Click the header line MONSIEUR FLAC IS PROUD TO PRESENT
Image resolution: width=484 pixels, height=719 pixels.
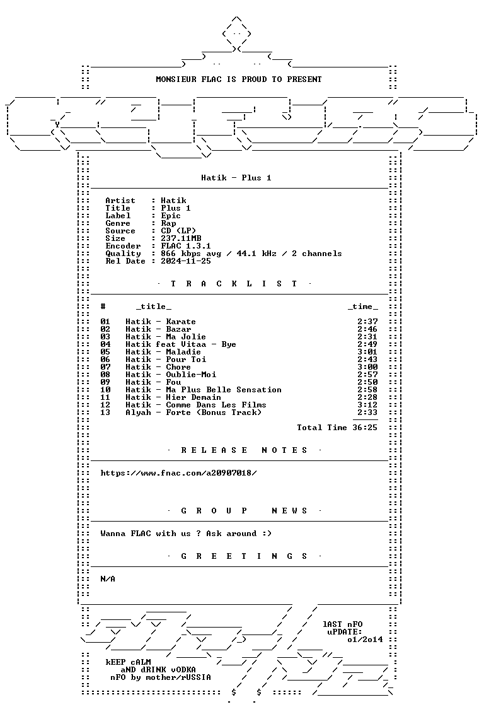pyautogui.click(x=239, y=79)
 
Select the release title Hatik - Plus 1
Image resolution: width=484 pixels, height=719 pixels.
pyautogui.click(x=236, y=178)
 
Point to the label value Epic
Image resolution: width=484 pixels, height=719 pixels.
pyautogui.click(x=171, y=216)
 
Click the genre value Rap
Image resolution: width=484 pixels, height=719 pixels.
pyautogui.click(x=168, y=223)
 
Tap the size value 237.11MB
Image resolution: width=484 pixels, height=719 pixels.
pyautogui.click(x=181, y=238)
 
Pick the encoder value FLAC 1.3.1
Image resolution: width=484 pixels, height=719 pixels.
pyautogui.click(x=186, y=246)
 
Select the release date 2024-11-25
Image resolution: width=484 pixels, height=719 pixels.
pyautogui.click(x=186, y=261)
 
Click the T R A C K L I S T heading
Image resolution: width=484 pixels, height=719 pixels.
pyautogui.click(x=234, y=284)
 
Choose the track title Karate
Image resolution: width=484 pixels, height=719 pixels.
pyautogui.click(x=181, y=322)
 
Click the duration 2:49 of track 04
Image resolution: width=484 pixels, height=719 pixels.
pyautogui.click(x=367, y=344)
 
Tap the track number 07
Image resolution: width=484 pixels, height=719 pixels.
pyautogui.click(x=105, y=367)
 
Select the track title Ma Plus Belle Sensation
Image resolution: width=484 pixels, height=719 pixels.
pyautogui.click(x=224, y=390)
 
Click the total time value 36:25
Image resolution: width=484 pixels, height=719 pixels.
pyautogui.click(x=365, y=428)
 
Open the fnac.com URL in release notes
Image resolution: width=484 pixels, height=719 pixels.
pyautogui.click(x=178, y=473)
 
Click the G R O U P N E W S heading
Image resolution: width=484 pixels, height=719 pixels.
pyautogui.click(x=244, y=511)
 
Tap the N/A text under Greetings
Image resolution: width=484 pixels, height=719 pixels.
pyautogui.click(x=108, y=579)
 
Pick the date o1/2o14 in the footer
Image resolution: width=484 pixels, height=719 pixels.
pyautogui.click(x=365, y=640)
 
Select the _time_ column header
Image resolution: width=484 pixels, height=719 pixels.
pyautogui.click(x=362, y=307)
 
